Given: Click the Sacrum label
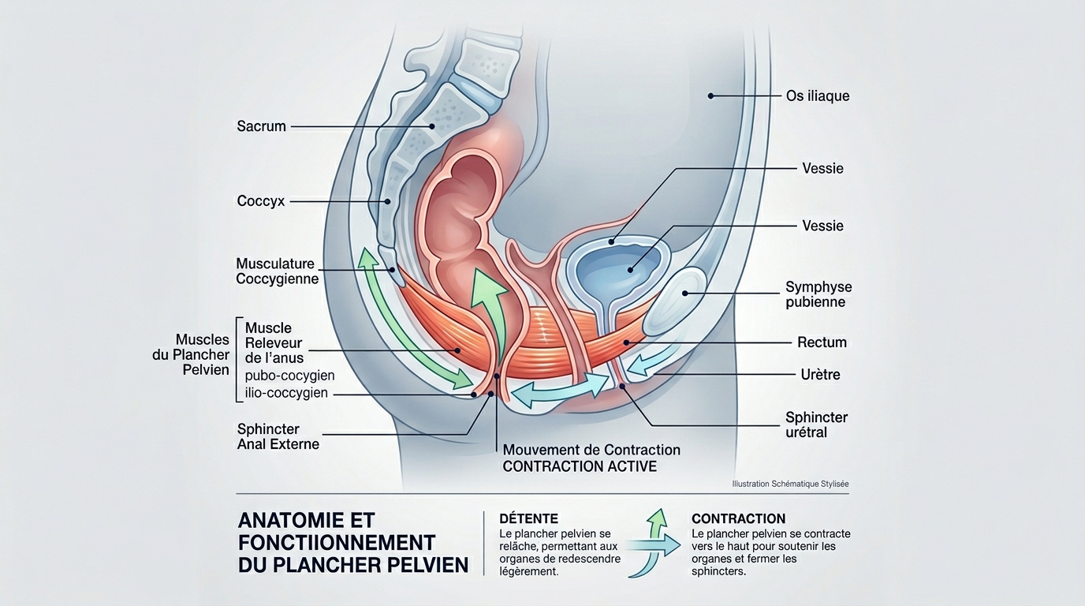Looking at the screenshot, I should pyautogui.click(x=261, y=125).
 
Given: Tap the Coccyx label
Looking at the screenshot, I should pyautogui.click(x=261, y=201).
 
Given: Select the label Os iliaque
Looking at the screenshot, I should pyautogui.click(x=818, y=96).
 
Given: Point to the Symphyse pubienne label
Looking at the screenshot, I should pyautogui.click(x=818, y=294).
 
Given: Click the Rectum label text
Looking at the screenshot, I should pyautogui.click(x=822, y=342).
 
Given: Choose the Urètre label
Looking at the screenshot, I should pyautogui.click(x=820, y=374).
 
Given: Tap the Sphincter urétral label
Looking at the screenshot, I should pyautogui.click(x=816, y=425).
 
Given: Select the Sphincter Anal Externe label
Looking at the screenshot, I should pyautogui.click(x=278, y=436).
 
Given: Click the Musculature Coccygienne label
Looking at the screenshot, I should pyautogui.click(x=277, y=271).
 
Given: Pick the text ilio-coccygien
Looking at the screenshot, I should pyautogui.click(x=286, y=393).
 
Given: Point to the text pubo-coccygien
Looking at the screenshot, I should pyautogui.click(x=289, y=376).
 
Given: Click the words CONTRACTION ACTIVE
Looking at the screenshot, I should pyautogui.click(x=580, y=466).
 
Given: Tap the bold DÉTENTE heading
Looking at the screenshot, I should pyautogui.click(x=528, y=518).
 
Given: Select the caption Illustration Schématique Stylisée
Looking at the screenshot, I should pyautogui.click(x=790, y=484).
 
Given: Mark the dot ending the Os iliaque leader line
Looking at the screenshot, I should pyautogui.click(x=710, y=96).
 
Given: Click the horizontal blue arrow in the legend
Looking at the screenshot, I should pyautogui.click(x=654, y=543).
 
